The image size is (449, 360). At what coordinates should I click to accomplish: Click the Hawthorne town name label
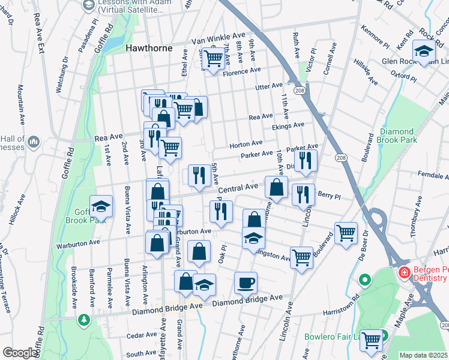pos(148,48)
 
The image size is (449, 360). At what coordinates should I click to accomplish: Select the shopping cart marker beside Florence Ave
pos(212,58)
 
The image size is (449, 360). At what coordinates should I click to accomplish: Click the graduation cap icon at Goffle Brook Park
pos(101,206)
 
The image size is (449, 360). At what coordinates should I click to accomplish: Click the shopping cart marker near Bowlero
pos(372,340)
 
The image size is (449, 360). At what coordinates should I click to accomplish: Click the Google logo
pos(19,352)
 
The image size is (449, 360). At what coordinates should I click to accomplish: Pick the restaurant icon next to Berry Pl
pos(303,194)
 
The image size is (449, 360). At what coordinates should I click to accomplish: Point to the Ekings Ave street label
pos(288,125)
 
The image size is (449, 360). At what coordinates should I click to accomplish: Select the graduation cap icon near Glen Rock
pos(424,51)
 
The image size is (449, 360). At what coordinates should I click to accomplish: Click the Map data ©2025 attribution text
pos(424,355)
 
